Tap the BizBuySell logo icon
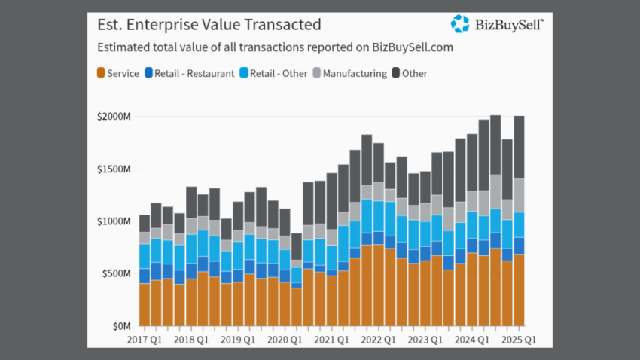pos(460,24)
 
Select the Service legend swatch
pos(101,73)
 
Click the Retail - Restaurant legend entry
pos(189,73)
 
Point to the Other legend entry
pos(412,73)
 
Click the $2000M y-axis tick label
pos(114,117)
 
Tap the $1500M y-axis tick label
pos(114,169)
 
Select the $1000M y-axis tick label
pos(114,221)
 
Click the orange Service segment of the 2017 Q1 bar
pos(145,304)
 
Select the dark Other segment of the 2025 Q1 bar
pos(519,147)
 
